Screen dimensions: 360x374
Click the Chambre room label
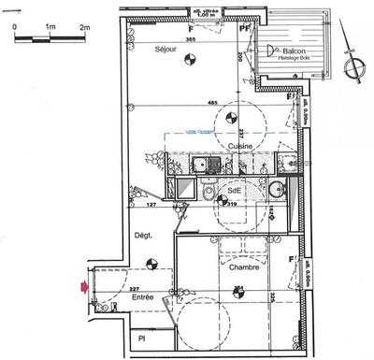coord(242,267)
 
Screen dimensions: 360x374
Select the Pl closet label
coord(142,338)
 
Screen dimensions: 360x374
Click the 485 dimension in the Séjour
coord(212,102)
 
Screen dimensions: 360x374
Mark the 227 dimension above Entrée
coord(134,289)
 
